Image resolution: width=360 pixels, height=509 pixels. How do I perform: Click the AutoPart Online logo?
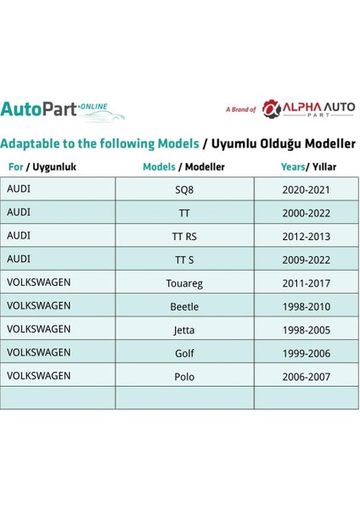point(63,109)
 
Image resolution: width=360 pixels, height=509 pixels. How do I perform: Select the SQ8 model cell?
point(183,190)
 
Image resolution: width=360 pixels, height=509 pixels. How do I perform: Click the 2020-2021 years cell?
point(306,190)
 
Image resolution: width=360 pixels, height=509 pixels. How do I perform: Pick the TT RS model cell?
point(183,237)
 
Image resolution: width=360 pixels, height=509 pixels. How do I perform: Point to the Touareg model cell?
point(183,283)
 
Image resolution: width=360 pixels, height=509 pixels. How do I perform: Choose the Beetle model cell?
point(183,306)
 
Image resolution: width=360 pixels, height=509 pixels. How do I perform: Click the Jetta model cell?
point(183,330)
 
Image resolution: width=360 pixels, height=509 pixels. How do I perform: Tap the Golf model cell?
point(183,353)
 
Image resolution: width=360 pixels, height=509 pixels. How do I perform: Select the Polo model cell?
point(183,377)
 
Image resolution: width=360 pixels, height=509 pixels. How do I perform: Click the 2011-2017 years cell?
point(306,283)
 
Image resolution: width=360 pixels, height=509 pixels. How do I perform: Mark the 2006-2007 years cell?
point(306,377)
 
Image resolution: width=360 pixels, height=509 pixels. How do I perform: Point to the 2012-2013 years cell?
point(306,237)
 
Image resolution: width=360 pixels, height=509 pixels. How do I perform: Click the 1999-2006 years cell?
point(306,353)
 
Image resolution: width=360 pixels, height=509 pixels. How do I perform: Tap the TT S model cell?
point(183,260)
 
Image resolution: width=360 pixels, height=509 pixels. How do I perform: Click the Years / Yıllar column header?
point(306,167)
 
